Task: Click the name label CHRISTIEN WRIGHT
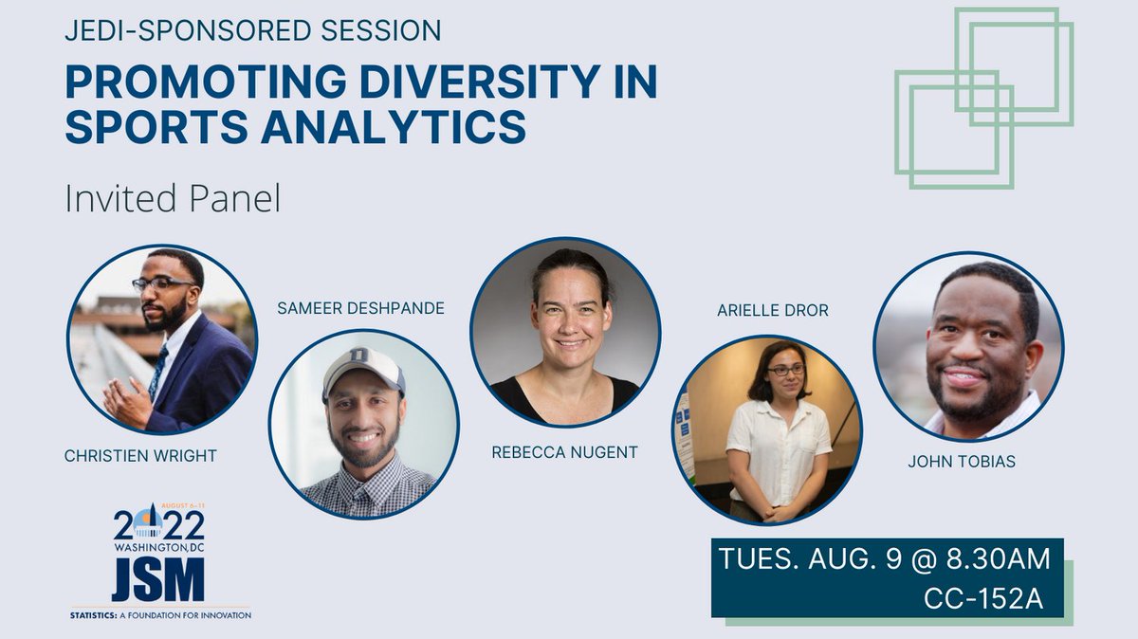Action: pyautogui.click(x=140, y=456)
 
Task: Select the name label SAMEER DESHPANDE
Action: pyautogui.click(x=361, y=308)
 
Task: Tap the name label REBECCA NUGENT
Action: pyautogui.click(x=564, y=452)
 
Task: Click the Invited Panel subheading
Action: pyautogui.click(x=172, y=199)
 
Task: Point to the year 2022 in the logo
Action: pyautogui.click(x=158, y=524)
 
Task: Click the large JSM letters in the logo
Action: pyautogui.click(x=157, y=578)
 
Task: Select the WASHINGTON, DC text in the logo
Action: pyautogui.click(x=158, y=547)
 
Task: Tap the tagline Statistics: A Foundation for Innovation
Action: pyautogui.click(x=160, y=615)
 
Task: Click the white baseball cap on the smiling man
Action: pyautogui.click(x=363, y=369)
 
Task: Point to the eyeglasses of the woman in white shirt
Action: pyautogui.click(x=786, y=370)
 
